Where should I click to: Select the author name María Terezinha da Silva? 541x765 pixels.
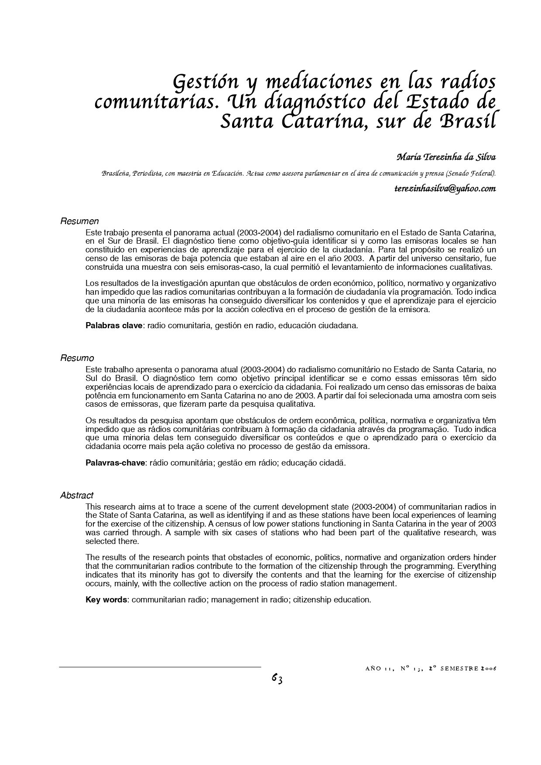point(446,156)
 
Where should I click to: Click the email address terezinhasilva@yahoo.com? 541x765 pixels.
point(445,188)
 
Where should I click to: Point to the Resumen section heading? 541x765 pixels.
point(79,221)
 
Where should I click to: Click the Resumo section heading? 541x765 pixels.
point(77,358)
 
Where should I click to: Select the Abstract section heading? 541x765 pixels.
point(77,495)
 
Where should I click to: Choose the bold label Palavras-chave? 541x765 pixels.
point(115,462)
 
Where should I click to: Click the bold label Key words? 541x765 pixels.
point(106,599)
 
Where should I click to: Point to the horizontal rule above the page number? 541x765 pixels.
point(160,667)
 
